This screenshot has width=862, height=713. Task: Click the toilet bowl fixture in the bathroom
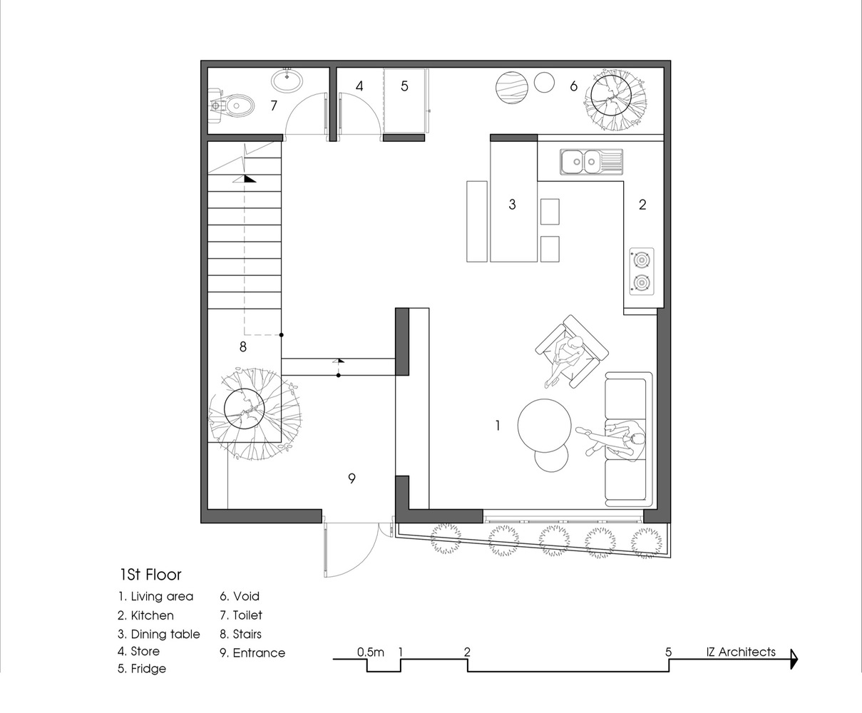232,106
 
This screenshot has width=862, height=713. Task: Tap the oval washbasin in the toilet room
287,81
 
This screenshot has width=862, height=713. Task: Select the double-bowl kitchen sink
591,162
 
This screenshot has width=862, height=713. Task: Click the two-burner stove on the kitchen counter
642,271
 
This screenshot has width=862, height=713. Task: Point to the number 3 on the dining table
513,205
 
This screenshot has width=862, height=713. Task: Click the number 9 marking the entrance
352,478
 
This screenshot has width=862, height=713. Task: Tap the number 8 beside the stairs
243,347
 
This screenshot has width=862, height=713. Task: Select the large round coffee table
545,426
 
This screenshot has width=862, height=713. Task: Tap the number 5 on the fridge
404,86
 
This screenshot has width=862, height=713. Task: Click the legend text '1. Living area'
155,597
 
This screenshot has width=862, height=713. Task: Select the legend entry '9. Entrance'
252,652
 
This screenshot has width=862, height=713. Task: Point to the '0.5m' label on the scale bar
370,652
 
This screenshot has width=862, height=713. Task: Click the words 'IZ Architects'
741,652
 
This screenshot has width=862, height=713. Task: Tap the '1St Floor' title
150,575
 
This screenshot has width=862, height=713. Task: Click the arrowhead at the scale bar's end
794,660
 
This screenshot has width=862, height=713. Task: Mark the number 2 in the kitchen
642,205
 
